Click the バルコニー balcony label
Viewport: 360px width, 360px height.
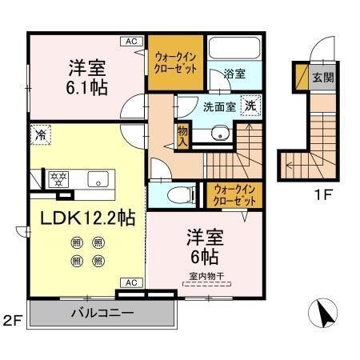point(101,311)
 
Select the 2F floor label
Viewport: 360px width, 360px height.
point(12,322)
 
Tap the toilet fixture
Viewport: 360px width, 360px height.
point(184,194)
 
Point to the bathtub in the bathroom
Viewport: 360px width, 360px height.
point(234,50)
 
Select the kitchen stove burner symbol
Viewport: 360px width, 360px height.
point(57,178)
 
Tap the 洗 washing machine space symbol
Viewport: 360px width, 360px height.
point(251,105)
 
